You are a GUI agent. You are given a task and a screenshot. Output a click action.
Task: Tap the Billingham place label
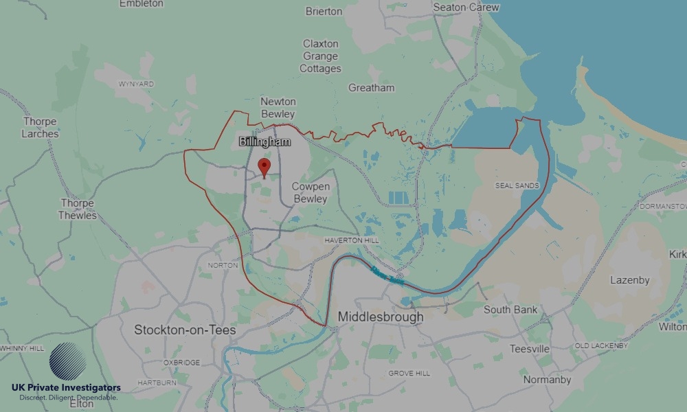tap(264, 142)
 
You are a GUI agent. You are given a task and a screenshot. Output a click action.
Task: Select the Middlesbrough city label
tap(381, 318)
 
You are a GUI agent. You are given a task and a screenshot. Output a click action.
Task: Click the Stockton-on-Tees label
tap(185, 330)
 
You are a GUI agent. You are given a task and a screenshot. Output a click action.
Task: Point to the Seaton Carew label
tap(466, 7)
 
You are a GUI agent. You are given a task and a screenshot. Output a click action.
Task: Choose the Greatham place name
tap(372, 88)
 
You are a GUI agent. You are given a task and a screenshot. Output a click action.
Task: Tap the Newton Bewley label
tap(278, 108)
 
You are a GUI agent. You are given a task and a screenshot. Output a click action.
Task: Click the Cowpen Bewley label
tap(311, 192)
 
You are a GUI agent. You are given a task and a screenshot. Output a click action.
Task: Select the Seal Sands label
tap(517, 185)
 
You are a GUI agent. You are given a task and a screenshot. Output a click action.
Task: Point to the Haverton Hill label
tap(351, 240)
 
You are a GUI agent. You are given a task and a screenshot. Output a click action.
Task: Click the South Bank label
tap(510, 310)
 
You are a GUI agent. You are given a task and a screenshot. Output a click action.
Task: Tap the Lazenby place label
tap(629, 280)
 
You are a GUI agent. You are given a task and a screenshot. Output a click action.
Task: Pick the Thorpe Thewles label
tap(78, 209)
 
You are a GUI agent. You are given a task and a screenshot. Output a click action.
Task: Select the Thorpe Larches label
tap(41, 128)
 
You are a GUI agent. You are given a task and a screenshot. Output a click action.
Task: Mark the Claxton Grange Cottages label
tap(320, 56)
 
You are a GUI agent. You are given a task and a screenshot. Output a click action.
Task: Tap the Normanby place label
tap(547, 380)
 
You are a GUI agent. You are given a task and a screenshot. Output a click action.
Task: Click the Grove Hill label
tap(409, 373)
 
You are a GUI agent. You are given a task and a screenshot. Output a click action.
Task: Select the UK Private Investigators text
tap(66, 388)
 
